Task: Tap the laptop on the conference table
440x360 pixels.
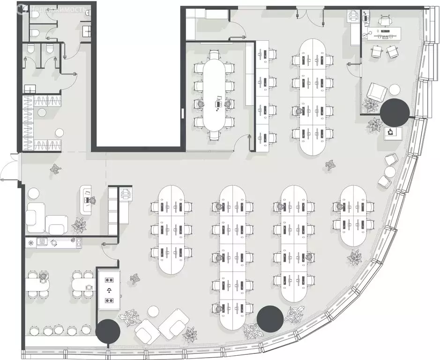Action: point(219,98)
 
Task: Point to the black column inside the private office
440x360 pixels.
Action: point(395,112)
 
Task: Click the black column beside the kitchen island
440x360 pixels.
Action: point(108,331)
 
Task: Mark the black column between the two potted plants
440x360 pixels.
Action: point(270,319)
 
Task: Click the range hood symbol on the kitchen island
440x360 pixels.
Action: point(109,290)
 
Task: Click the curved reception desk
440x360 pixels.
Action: point(86,199)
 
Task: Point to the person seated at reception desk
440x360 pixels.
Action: point(92,200)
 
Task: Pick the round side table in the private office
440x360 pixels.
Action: point(395,90)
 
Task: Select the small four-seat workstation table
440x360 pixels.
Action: point(353,216)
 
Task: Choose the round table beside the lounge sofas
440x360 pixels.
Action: point(153,311)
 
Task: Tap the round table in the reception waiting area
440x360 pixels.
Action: point(33,194)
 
